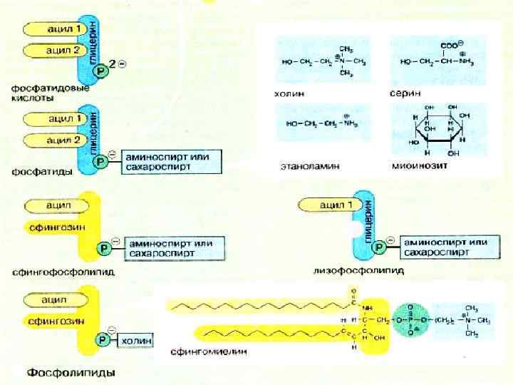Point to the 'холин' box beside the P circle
[135, 341]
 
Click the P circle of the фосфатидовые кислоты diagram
[103, 72]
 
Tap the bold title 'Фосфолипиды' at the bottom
[71, 372]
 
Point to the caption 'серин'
[405, 93]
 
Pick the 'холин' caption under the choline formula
[291, 93]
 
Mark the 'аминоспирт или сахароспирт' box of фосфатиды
[172, 162]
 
